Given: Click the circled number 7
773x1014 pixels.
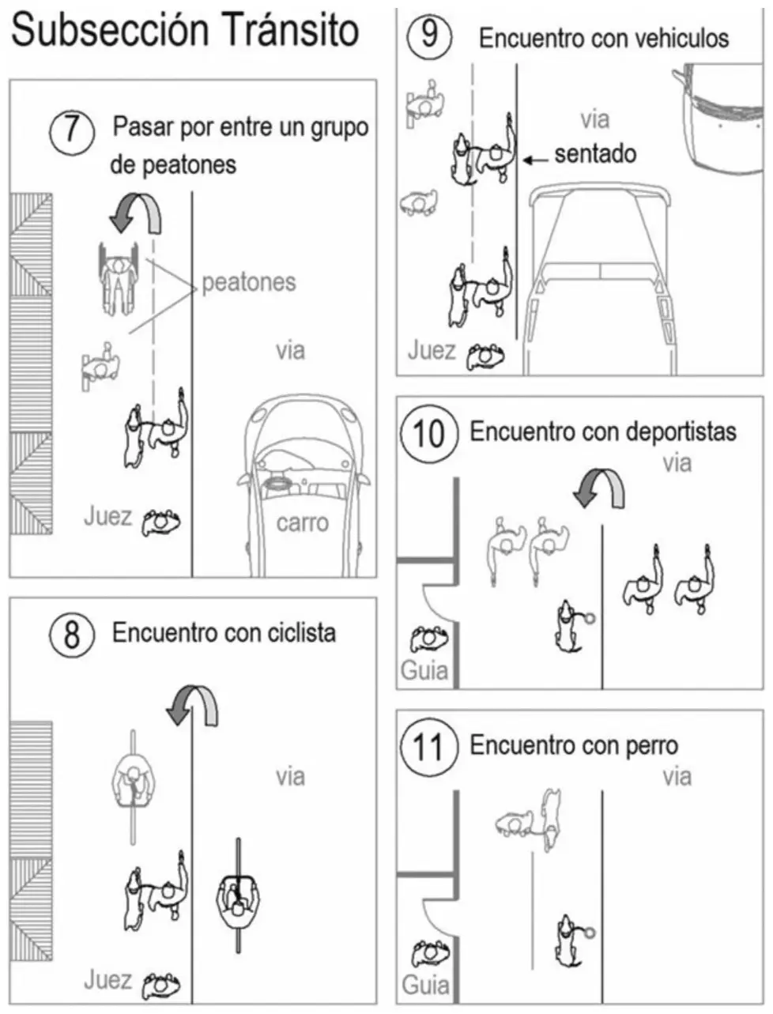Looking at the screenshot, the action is (72, 131).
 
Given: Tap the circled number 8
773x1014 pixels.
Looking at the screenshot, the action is (72, 635).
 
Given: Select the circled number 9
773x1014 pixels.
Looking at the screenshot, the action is (429, 36).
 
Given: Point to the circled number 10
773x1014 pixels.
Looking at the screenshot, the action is (429, 434).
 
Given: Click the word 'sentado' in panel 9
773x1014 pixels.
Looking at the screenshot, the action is (595, 154).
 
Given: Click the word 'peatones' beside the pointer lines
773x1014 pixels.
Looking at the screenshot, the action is (249, 283).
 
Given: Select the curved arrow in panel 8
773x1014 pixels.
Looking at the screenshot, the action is (193, 706).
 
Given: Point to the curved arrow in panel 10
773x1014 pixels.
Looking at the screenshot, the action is (599, 488).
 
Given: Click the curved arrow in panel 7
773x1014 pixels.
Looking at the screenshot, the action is (137, 213).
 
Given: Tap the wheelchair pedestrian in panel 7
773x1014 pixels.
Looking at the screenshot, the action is (119, 280).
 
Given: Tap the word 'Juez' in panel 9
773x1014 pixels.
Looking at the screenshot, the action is (432, 351).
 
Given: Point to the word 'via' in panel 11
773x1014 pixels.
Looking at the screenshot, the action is (677, 777).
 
